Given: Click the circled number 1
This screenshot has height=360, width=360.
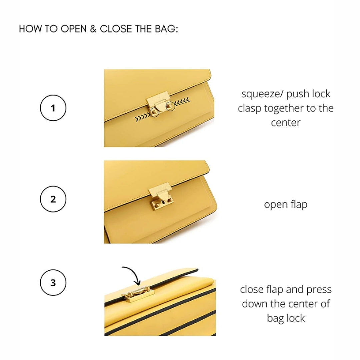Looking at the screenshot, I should (53, 108).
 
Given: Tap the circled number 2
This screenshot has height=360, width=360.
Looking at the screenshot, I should (53, 199).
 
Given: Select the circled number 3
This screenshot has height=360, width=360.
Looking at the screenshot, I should (53, 283).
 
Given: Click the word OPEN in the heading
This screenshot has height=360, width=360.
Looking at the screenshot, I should (73, 29).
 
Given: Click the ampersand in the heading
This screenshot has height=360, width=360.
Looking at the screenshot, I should (93, 29).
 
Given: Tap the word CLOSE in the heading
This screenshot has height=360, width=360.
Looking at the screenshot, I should (116, 29).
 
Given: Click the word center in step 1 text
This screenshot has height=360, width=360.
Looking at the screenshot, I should (286, 122).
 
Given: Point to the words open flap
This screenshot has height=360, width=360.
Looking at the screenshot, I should (286, 204).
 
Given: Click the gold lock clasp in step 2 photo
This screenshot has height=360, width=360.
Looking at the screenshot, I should (162, 199).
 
